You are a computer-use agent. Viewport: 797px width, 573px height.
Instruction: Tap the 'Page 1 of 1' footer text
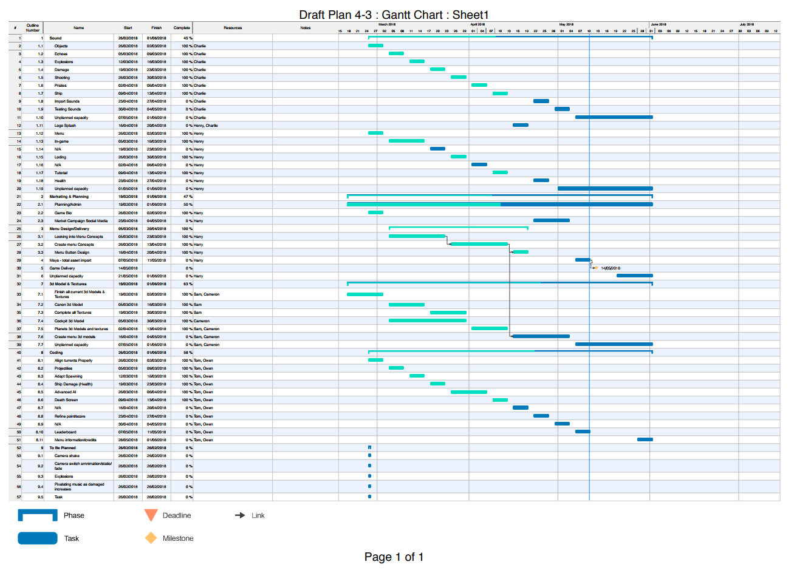[x=394, y=557]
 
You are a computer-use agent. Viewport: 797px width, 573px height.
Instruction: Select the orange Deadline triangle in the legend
[x=151, y=515]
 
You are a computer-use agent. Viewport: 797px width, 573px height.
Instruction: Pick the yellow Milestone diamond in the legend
[x=151, y=538]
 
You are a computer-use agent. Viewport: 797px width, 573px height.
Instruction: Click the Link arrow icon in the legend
[x=240, y=515]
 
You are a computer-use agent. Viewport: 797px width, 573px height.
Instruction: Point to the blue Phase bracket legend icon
[x=38, y=515]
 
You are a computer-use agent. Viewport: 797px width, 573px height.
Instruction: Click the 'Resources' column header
[x=233, y=28]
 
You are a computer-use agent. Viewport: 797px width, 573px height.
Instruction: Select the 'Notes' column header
[x=305, y=28]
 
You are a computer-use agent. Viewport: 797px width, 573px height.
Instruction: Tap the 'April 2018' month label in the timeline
[x=477, y=25]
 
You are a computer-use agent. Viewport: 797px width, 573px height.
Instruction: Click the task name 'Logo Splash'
[x=65, y=126]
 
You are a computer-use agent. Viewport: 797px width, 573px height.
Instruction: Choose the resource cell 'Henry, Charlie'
[x=205, y=126]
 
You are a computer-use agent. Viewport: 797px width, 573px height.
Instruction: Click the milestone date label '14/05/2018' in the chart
[x=611, y=268]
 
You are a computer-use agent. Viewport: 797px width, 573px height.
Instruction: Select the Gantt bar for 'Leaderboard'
[x=583, y=432]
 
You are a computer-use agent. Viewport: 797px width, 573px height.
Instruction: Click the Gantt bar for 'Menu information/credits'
[x=645, y=439]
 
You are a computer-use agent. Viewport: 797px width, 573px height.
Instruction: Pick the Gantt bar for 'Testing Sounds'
[x=562, y=109]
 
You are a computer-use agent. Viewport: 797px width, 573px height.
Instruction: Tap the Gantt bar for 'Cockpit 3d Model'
[x=427, y=320]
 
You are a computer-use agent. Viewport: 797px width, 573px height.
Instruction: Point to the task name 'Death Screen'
[x=66, y=400]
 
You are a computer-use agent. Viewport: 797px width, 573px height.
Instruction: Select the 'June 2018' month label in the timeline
[x=658, y=25]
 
